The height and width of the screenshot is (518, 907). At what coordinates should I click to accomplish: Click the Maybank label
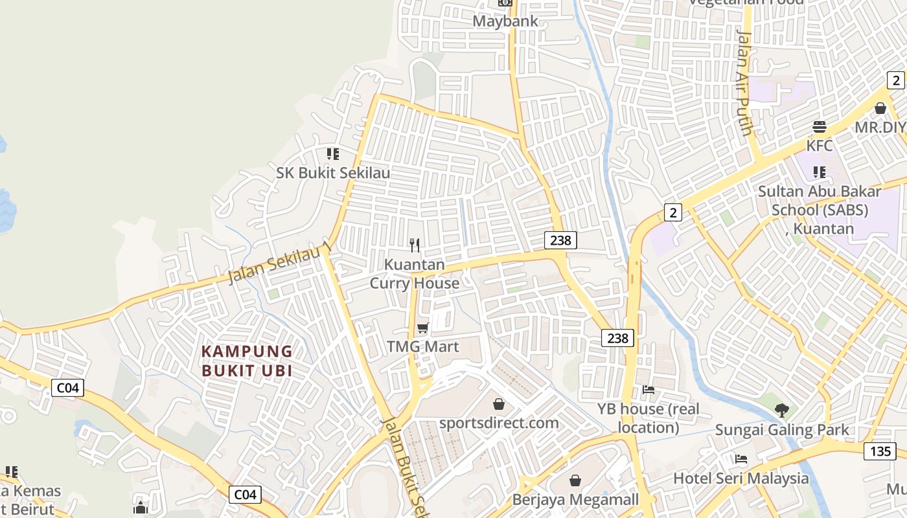coord(505,21)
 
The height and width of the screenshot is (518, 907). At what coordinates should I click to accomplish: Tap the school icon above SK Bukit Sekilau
coord(332,154)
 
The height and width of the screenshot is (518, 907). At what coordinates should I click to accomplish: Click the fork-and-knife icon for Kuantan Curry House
coord(415,245)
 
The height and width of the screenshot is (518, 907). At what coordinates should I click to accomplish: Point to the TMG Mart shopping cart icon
coord(423,328)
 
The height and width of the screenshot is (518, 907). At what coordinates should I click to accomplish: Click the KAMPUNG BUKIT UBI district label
coord(247,361)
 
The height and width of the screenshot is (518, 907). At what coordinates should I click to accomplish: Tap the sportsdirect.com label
coord(498,423)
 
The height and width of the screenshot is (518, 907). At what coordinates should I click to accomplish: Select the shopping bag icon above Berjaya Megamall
coord(575,480)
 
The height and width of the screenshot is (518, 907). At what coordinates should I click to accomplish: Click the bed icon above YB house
coord(648,389)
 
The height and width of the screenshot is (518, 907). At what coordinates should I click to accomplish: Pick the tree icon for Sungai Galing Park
coord(782,409)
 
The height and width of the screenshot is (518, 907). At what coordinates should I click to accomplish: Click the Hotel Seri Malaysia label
coord(741,479)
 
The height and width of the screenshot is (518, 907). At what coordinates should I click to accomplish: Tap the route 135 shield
coord(880,451)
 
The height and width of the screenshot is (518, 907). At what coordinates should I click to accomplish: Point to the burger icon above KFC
coord(820,126)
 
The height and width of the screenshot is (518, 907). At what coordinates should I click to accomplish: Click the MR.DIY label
coord(880,127)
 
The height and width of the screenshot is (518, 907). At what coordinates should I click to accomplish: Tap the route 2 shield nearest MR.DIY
coord(896,80)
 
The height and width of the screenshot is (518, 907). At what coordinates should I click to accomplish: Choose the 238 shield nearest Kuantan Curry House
coord(560,240)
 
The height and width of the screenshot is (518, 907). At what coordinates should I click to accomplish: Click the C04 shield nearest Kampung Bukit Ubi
coord(67,388)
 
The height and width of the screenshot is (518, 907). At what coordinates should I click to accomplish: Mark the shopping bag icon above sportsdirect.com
coord(499,404)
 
